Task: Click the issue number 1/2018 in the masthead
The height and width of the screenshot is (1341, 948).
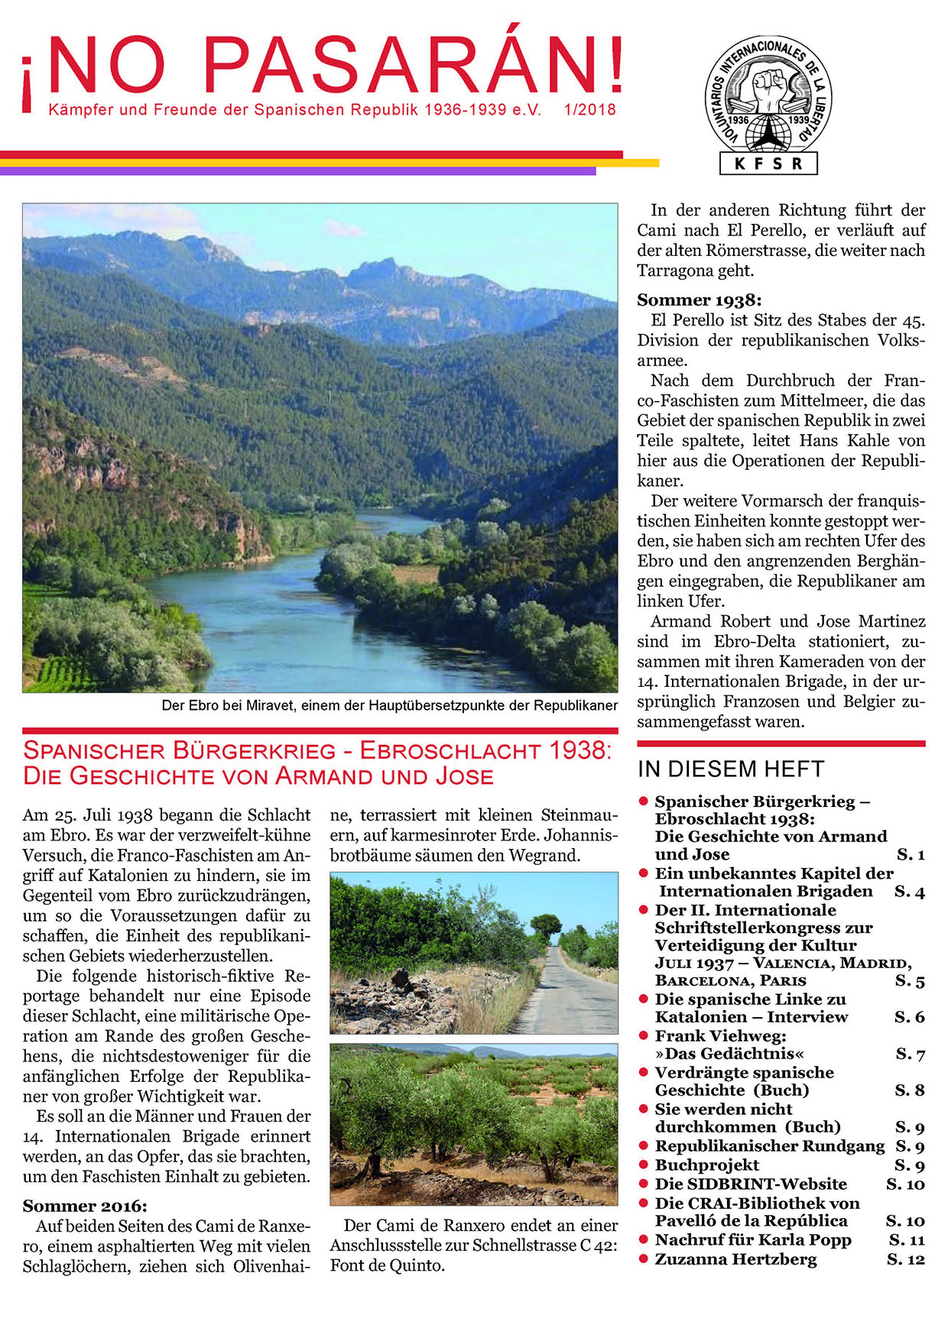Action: [x=589, y=110]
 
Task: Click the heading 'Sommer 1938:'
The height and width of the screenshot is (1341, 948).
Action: [x=699, y=300]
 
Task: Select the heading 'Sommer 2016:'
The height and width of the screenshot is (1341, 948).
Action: [x=84, y=1206]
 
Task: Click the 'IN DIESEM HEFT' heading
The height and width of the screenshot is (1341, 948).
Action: [x=730, y=769]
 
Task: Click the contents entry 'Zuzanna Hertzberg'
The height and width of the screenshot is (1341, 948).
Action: [x=735, y=1259]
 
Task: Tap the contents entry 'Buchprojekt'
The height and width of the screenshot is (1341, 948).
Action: [x=706, y=1165]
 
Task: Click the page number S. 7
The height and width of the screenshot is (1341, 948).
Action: [x=910, y=1054]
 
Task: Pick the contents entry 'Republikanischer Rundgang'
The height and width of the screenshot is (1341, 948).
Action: [x=769, y=1146]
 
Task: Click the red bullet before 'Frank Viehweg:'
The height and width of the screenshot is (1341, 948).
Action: [x=644, y=1036]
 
